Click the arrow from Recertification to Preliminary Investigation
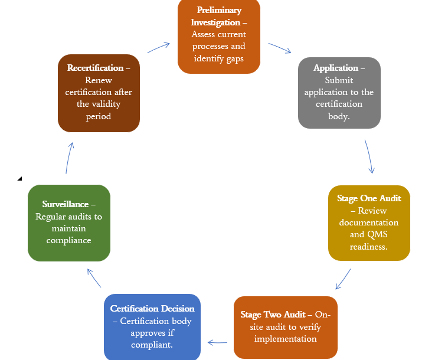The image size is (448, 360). coord(159,48)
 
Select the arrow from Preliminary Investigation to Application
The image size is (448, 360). coord(280,48)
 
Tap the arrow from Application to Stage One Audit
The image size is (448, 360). coord(369,156)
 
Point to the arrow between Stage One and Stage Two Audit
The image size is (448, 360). coord(343,279)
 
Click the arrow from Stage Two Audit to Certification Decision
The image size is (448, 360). coord(217,342)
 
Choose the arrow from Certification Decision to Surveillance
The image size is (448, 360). coord(94,278)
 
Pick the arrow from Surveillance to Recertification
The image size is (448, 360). coord(70,158)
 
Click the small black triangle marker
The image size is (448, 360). coord(19,179)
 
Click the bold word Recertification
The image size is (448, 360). coord(95,68)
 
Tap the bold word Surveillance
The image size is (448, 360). coord(65,204)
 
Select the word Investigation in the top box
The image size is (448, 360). coord(215,22)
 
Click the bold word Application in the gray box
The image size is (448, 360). coord(335,68)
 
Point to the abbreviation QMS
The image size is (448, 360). coord(377,234)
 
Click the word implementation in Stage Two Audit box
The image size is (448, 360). coord(286,339)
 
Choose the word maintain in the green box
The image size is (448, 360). coord(68,228)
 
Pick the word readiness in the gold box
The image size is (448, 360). coord(368,247)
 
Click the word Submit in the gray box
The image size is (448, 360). coord(339,80)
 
